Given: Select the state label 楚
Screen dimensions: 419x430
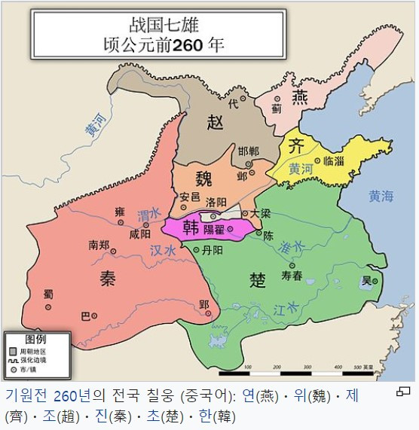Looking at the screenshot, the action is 258,280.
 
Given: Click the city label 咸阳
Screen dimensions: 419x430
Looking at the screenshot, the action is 141,234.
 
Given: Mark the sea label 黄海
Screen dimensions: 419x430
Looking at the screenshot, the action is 381,197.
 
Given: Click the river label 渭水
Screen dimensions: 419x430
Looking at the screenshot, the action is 149,216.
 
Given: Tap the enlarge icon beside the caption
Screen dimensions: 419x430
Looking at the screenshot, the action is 403,392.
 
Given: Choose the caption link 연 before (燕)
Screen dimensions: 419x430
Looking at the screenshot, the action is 249,395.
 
